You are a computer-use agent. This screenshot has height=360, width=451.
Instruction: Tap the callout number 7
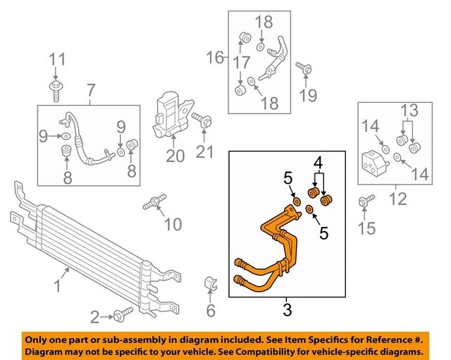click(91, 90)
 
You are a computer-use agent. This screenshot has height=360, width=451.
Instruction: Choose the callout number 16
click(214, 56)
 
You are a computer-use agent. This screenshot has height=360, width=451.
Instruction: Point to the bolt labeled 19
click(304, 69)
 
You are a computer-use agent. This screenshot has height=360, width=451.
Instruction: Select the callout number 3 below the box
click(287, 308)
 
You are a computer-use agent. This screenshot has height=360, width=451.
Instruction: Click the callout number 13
click(409, 111)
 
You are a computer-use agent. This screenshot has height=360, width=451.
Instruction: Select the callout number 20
click(174, 155)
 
